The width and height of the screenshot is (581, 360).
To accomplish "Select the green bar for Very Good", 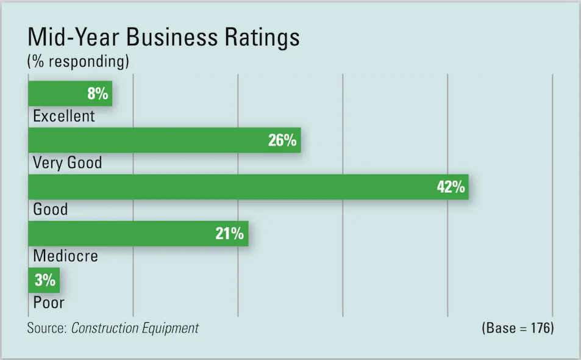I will pyautogui.click(x=146, y=140).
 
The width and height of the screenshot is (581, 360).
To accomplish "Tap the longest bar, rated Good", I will pyautogui.click(x=232, y=187).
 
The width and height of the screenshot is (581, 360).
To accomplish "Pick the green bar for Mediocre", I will pyautogui.click(x=122, y=234).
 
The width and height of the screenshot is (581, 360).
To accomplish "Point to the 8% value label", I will pyautogui.click(x=98, y=94).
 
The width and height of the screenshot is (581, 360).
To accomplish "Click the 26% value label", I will pyautogui.click(x=282, y=140).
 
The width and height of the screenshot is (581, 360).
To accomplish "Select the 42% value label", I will pyautogui.click(x=451, y=187).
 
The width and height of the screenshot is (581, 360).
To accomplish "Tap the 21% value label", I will pyautogui.click(x=230, y=234).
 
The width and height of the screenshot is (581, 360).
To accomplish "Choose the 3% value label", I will pyautogui.click(x=45, y=281).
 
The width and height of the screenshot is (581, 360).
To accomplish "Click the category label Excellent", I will pyautogui.click(x=64, y=116).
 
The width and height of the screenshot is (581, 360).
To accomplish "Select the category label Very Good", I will pyautogui.click(x=67, y=163).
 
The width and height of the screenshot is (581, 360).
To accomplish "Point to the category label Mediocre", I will pyautogui.click(x=65, y=256).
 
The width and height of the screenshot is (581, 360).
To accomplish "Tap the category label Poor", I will pyautogui.click(x=49, y=302).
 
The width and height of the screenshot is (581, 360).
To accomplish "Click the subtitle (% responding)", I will pyautogui.click(x=78, y=62).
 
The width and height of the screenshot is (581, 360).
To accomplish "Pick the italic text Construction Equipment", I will pyautogui.click(x=135, y=328).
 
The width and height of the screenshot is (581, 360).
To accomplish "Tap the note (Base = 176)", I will pyautogui.click(x=518, y=328).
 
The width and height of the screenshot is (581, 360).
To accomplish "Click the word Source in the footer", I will pyautogui.click(x=46, y=328).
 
